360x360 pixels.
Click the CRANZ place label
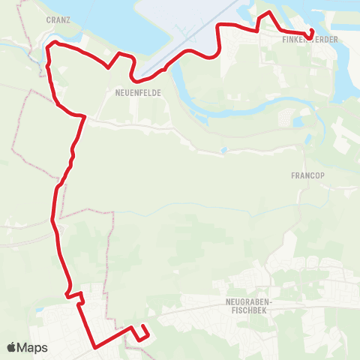58,20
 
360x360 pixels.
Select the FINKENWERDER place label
309,38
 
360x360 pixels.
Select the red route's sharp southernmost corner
95,346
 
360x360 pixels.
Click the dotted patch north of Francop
285,118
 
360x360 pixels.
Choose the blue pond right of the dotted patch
299,121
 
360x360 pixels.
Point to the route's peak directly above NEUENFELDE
120,54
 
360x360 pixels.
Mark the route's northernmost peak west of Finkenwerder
264,13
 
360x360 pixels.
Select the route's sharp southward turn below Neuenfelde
84,116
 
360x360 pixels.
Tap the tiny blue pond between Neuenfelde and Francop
223,150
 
